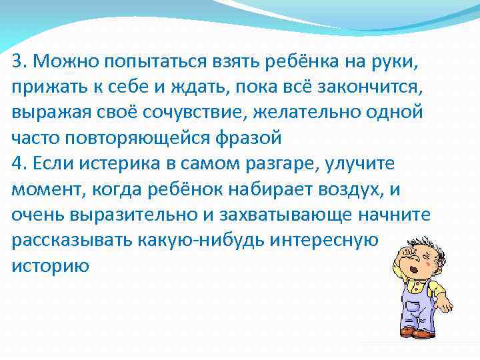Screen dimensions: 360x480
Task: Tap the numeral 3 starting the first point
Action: point(17,62)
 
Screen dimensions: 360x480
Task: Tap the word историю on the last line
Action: point(50,265)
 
